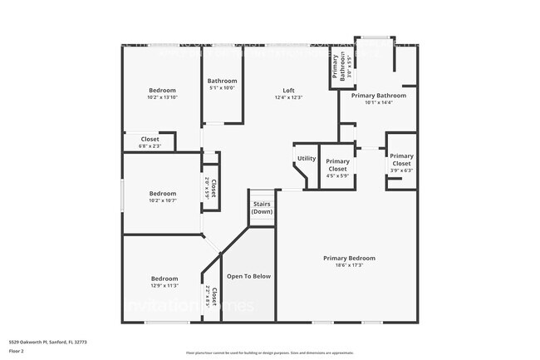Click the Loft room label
tap(288, 90)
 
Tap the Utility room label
tap(306, 158)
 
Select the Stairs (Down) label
tap(262, 208)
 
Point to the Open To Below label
tap(248, 276)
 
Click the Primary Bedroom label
tap(349, 259)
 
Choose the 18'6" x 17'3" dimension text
tap(349, 266)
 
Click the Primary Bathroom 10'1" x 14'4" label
tap(378, 99)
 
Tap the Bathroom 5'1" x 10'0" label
tap(222, 84)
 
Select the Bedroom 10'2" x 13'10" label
tap(162, 93)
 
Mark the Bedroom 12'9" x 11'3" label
tap(164, 282)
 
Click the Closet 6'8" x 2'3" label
tap(150, 142)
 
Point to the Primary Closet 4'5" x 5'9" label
tap(337, 165)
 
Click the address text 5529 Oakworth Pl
tap(48, 341)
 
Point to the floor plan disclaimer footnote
tap(269, 353)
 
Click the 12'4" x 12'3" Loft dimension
tap(288, 97)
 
